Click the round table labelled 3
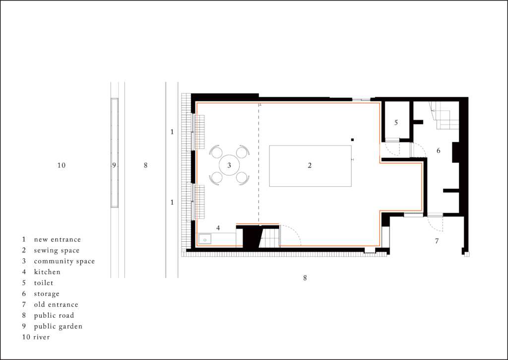pos(229,165)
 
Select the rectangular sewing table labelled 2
pos(310,166)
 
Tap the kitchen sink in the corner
pos(205,239)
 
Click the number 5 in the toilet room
pos(396,123)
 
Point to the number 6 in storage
pos(439,150)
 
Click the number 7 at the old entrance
pos(437,241)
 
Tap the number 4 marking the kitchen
pos(218,228)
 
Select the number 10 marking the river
pos(62,165)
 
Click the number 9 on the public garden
pos(114,165)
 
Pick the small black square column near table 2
pos(353,140)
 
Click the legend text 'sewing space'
pos(57,250)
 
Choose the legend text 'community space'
pos(64,261)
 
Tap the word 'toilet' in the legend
pos(44,283)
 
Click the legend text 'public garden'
pos(59,326)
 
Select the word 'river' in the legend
pos(42,337)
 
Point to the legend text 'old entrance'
pos(56,304)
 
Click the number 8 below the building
pos(305,278)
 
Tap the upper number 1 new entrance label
pos(172,132)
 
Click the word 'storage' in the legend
pos(47,294)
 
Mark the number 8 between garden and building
pos(145,165)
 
